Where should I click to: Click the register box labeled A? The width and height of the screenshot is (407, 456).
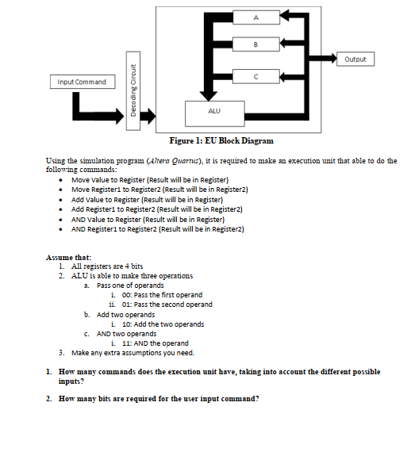click(256, 17)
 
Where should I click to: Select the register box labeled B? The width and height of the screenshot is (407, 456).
click(256, 44)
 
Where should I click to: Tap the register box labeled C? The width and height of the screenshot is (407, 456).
click(256, 76)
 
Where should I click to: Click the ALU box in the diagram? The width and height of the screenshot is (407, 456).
click(215, 113)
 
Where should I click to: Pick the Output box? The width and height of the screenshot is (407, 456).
click(355, 59)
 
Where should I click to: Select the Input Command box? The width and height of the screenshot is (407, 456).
click(83, 82)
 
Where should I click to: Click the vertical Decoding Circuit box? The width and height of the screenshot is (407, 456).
click(133, 90)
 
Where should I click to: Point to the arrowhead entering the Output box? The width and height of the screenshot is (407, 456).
click(332, 59)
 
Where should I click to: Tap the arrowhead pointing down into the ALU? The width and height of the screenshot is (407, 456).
click(209, 96)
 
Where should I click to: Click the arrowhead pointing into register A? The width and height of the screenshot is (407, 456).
click(284, 15)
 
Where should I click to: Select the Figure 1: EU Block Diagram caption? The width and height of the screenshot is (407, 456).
click(221, 140)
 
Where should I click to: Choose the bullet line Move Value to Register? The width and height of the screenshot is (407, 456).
click(150, 180)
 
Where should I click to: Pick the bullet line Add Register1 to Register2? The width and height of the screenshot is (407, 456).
click(157, 209)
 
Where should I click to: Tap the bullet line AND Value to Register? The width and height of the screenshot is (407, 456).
click(148, 220)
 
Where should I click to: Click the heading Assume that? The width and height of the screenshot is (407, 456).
click(68, 258)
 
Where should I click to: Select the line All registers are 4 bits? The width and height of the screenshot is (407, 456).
click(107, 266)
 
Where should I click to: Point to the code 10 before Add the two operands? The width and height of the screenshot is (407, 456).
click(126, 324)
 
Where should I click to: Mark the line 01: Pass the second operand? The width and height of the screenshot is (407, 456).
click(167, 305)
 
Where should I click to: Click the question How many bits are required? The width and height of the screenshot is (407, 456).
click(159, 398)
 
